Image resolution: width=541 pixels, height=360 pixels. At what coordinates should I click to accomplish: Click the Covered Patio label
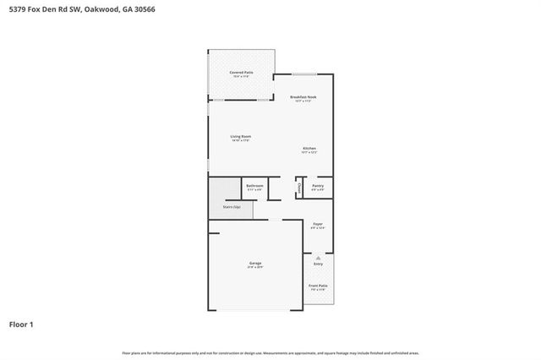[x=241, y=73]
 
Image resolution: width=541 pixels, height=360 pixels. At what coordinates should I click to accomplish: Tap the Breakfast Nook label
[x=303, y=98]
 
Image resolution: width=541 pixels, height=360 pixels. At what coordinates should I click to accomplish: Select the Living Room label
[x=241, y=136]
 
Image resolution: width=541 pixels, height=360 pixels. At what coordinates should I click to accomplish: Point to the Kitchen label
[x=309, y=149]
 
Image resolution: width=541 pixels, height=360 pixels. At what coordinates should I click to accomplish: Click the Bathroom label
[x=254, y=186]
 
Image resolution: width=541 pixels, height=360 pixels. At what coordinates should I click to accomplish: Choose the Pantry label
[x=318, y=186]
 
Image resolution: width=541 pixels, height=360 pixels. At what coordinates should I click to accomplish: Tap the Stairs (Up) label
[x=232, y=206]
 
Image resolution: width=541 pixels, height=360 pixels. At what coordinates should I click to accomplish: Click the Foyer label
[x=318, y=224]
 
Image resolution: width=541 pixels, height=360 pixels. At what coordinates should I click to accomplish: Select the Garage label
[x=255, y=263]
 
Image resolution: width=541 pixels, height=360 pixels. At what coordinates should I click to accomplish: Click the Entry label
[x=318, y=264]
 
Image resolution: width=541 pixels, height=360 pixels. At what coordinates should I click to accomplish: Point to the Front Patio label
[x=318, y=286]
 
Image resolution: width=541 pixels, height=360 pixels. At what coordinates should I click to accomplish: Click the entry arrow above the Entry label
[x=318, y=257]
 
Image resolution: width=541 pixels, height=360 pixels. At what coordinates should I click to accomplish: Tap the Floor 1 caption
[x=21, y=324]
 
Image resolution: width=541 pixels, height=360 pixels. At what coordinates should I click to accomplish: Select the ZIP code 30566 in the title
[x=143, y=8]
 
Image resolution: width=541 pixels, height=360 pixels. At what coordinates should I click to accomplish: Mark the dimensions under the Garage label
[x=255, y=268]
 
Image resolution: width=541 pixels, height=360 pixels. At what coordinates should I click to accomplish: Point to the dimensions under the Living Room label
[x=241, y=140]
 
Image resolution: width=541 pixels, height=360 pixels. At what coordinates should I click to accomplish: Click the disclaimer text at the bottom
[x=270, y=352]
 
